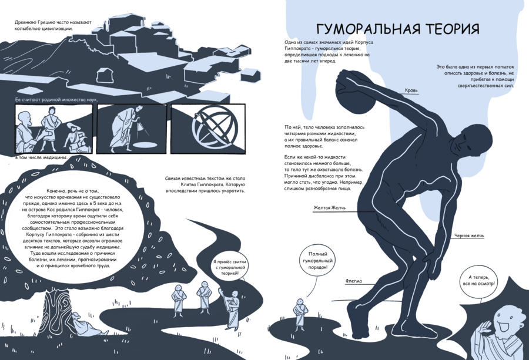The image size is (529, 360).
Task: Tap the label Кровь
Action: (411, 90)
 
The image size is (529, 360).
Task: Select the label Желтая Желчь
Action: (330, 208)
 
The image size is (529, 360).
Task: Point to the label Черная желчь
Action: (469, 235)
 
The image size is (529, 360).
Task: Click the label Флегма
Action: (354, 281)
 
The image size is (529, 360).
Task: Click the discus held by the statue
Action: (354, 91)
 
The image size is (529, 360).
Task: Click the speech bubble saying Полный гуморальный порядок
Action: (317, 261)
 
